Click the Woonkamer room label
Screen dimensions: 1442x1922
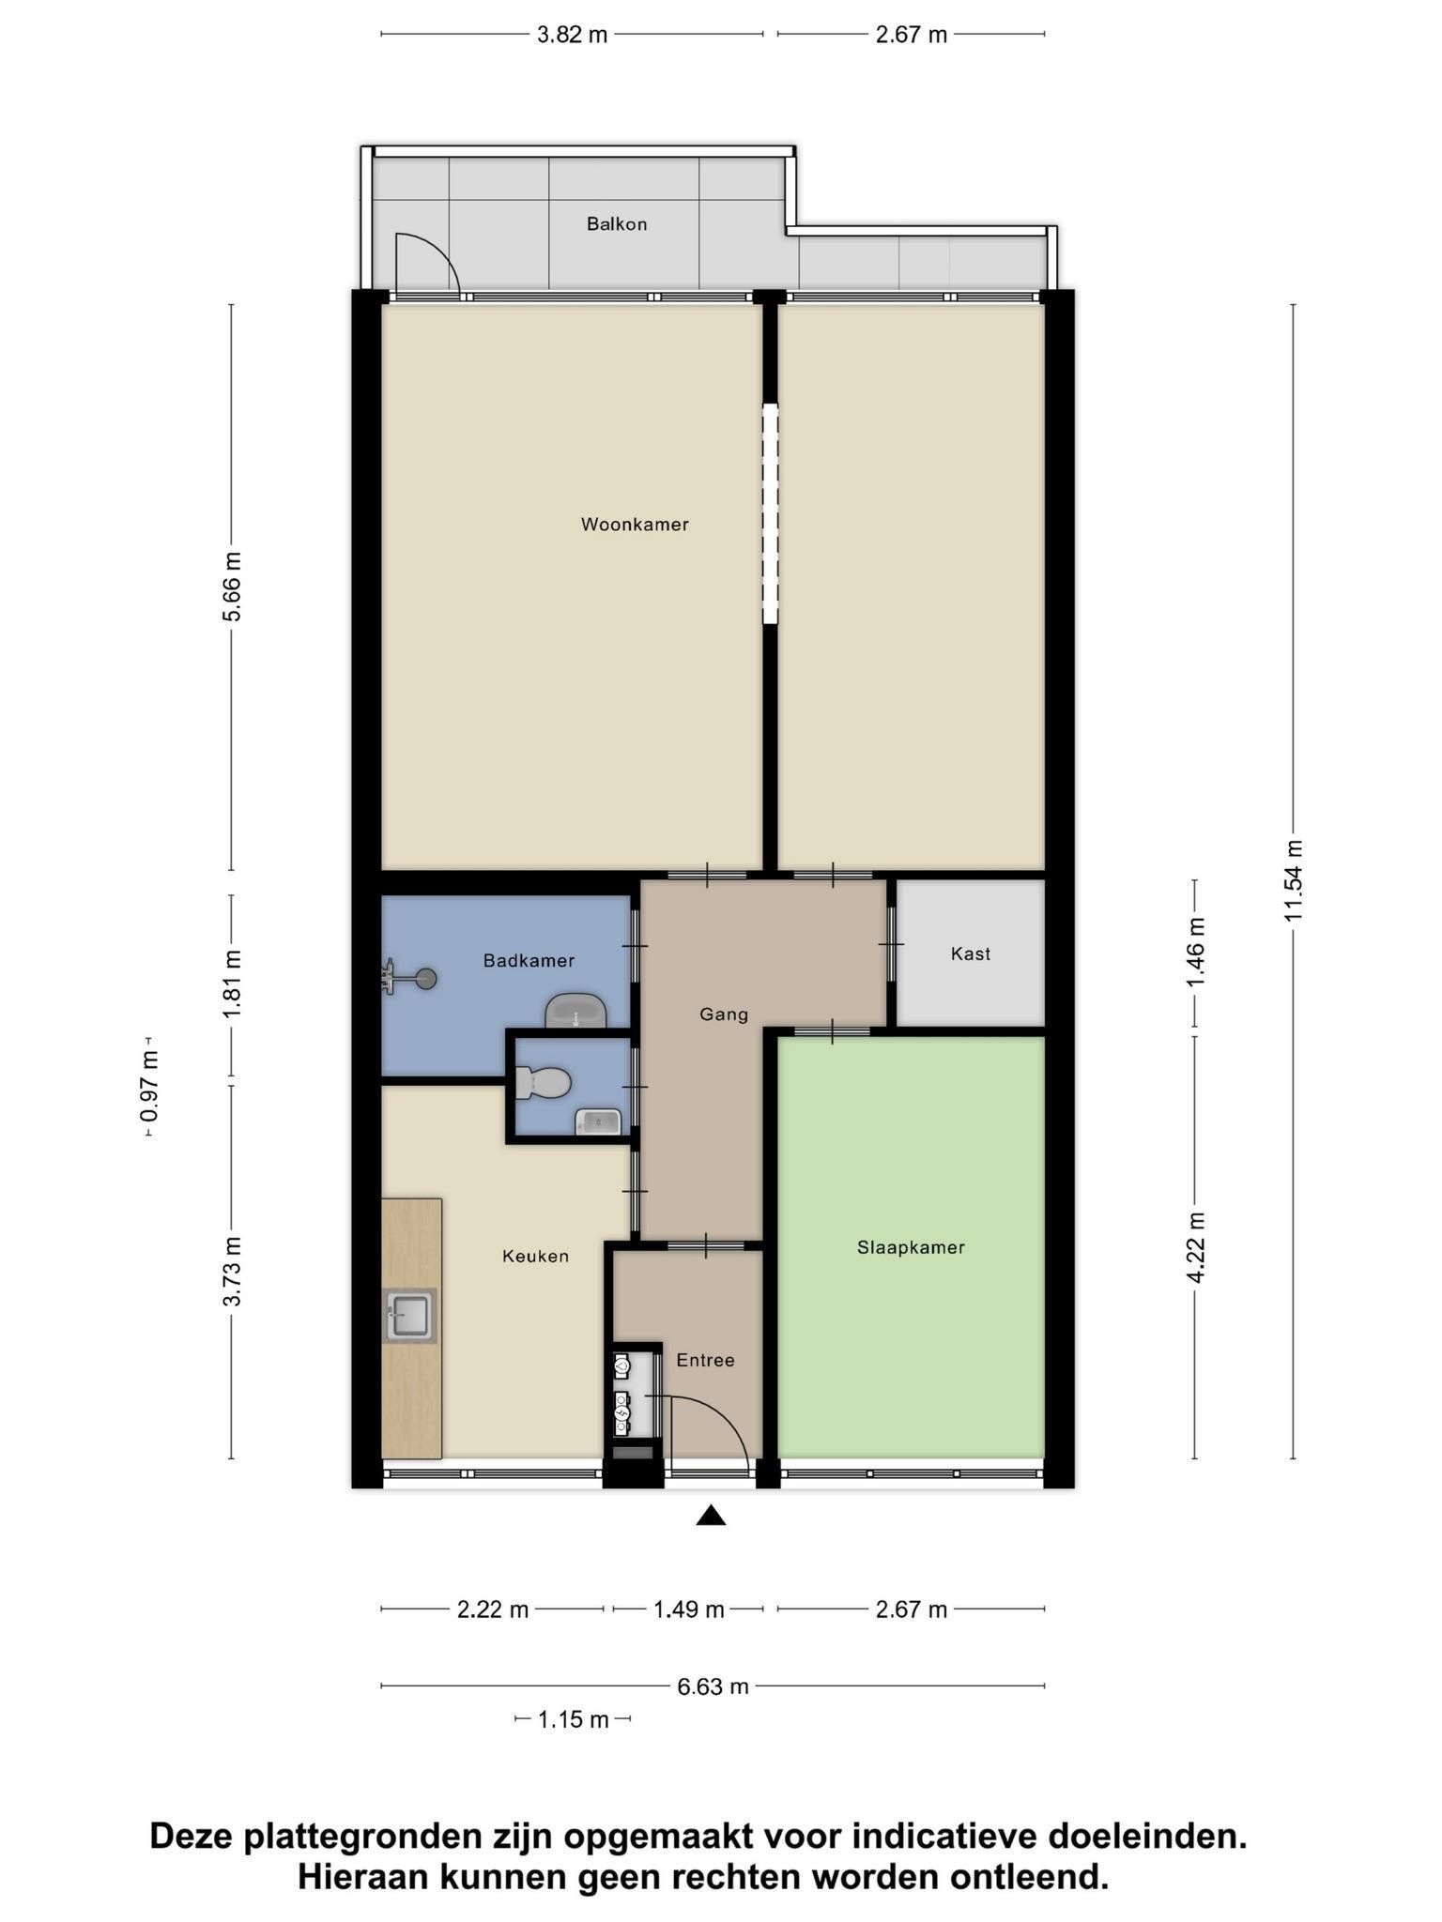pyautogui.click(x=635, y=525)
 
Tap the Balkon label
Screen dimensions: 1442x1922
pyautogui.click(x=617, y=224)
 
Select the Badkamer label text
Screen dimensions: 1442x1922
pyautogui.click(x=529, y=960)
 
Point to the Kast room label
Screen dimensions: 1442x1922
pyautogui.click(x=970, y=953)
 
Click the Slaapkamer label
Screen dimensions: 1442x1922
pyautogui.click(x=911, y=1247)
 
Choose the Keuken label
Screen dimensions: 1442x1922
pyautogui.click(x=535, y=1256)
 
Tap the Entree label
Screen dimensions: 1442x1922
pyautogui.click(x=705, y=1360)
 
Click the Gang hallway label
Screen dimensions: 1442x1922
pyautogui.click(x=724, y=1014)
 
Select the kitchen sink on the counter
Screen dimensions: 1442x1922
pyautogui.click(x=410, y=1315)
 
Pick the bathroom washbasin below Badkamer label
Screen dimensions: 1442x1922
pyautogui.click(x=575, y=1011)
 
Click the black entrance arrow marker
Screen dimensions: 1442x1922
pyautogui.click(x=711, y=1516)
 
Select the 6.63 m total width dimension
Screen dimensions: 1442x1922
pyautogui.click(x=713, y=1686)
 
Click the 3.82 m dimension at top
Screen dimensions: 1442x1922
pyautogui.click(x=572, y=35)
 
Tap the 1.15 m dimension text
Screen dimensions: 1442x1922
pyautogui.click(x=573, y=1719)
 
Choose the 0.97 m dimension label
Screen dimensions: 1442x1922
pyautogui.click(x=149, y=1088)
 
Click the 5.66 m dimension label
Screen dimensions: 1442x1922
pyautogui.click(x=232, y=587)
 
